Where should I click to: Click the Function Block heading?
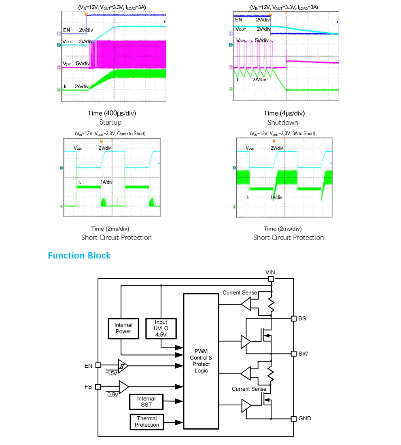pos(79,256)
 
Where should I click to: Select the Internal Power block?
pos(123,328)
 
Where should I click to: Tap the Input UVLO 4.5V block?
pos(161,328)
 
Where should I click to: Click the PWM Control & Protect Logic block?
pos(201,361)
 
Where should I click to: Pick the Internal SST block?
pos(146,402)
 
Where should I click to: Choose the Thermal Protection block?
pos(146,422)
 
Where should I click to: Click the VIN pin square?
pos(271,279)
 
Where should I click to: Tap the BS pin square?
pos(293,318)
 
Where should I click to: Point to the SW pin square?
pos(293,353)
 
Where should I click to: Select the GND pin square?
pos(293,418)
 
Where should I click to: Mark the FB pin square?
pos(98,387)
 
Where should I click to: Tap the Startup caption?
pos(110,122)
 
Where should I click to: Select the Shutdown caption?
pos(283,123)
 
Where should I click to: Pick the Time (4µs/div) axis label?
pos(284,113)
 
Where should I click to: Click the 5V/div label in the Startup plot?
pos(83,64)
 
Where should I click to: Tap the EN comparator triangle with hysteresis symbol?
pos(123,365)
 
